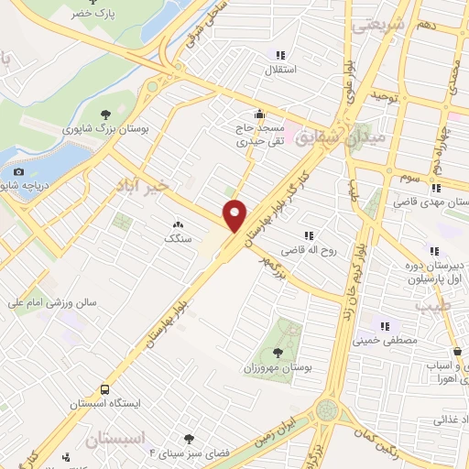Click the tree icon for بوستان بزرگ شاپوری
[108, 115]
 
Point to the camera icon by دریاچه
[18, 171]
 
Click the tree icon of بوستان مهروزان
[278, 352]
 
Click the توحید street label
[381, 95]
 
